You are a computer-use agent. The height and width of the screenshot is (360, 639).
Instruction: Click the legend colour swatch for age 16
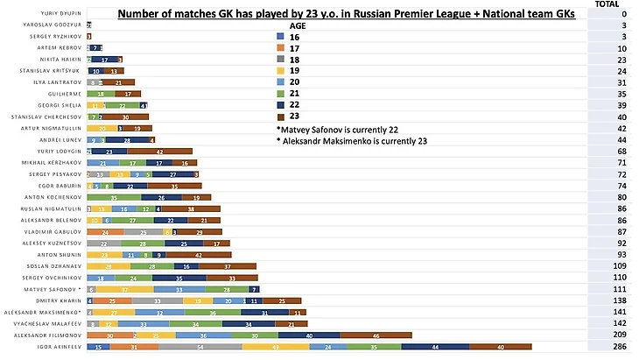tap(279, 38)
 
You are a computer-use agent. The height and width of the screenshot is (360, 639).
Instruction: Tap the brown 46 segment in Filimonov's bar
tap(376, 335)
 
